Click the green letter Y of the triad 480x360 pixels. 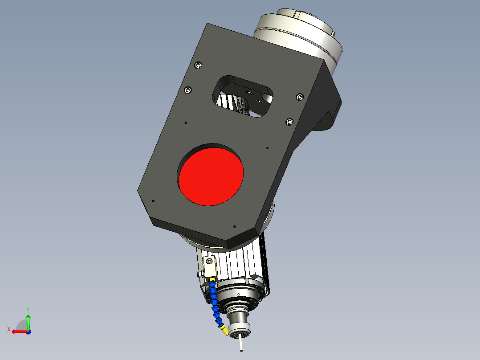coord(28,309)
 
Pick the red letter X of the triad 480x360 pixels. coord(8,329)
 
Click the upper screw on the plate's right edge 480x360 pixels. coord(300,97)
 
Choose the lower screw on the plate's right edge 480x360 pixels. coord(290,121)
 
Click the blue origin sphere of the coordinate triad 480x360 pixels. coord(28,332)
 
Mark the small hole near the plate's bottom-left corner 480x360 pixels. coord(153,201)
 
